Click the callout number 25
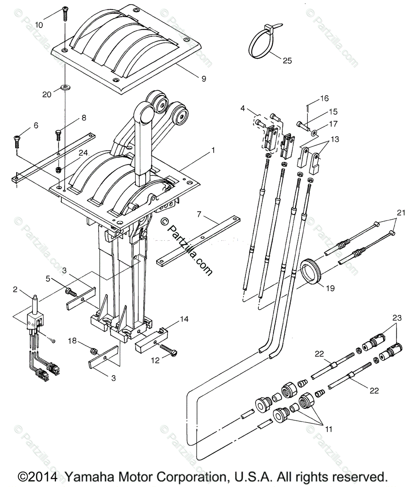coord(287,61)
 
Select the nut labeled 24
coord(58,168)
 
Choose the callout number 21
coord(401,212)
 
